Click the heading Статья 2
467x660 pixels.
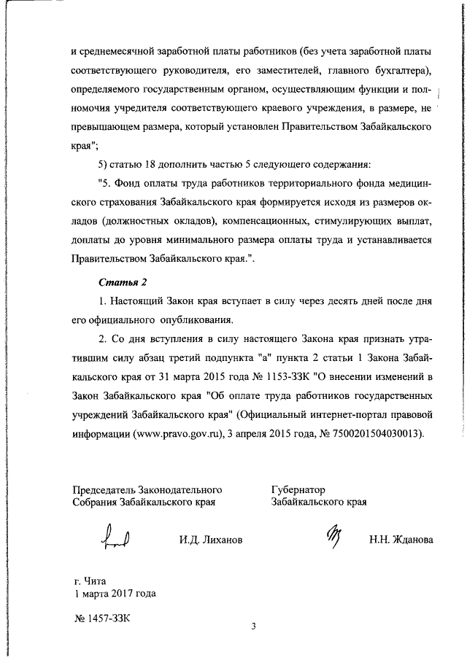(123, 282)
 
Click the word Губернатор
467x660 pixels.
(298, 489)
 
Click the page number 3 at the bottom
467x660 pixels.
(252, 626)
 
